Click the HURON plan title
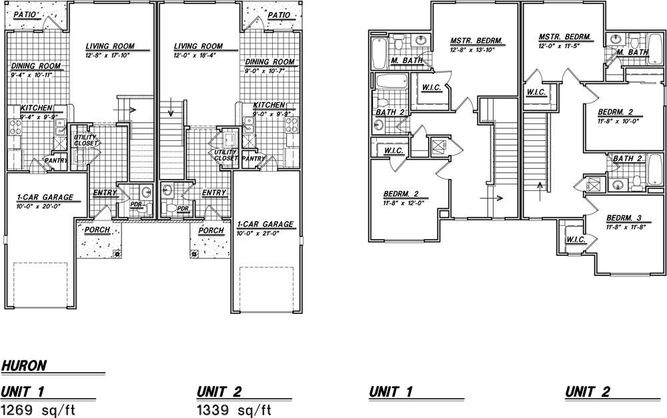[24, 366]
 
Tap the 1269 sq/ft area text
[38, 410]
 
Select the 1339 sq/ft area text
[234, 410]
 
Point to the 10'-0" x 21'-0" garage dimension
[257, 233]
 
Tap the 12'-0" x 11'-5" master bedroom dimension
[559, 45]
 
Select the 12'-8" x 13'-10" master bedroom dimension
[472, 50]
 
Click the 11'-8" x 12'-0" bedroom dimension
[404, 203]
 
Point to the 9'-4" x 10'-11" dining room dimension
[31, 75]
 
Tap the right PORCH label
[211, 230]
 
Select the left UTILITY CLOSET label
[86, 140]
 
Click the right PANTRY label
[253, 159]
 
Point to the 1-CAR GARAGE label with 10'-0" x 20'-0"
[45, 198]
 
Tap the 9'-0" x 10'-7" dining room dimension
[264, 71]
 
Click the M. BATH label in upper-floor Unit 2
[632, 52]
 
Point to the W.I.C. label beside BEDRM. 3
[576, 240]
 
